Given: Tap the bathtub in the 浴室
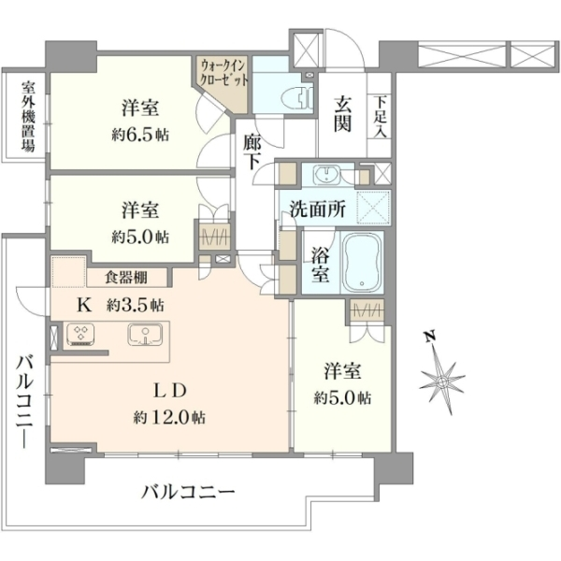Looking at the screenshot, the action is (363, 262).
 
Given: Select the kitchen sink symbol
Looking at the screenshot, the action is (145, 334).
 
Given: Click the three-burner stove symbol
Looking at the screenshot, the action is (80, 334).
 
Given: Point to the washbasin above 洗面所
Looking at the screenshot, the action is (327, 175).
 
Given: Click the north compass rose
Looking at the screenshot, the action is (442, 381).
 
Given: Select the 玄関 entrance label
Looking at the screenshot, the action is (342, 114).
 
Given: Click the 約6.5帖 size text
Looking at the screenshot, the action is (140, 135).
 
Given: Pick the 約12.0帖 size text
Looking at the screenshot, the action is (169, 417).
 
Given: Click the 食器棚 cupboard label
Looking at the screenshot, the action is (126, 278).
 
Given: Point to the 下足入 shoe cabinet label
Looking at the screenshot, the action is (381, 117).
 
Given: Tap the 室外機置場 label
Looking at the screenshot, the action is (28, 117).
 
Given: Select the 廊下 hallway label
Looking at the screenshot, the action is (253, 151).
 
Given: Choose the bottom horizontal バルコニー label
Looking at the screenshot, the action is (188, 492).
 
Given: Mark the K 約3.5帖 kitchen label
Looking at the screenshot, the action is (121, 305).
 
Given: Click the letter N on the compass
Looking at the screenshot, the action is (430, 337).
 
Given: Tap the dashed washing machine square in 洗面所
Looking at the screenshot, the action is (373, 208).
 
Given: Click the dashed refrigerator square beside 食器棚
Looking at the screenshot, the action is (69, 271).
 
